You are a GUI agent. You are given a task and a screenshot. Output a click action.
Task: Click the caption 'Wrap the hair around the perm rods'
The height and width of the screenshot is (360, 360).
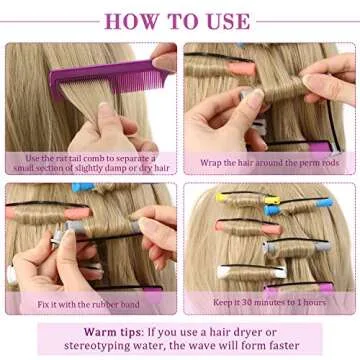pos(269,162)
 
